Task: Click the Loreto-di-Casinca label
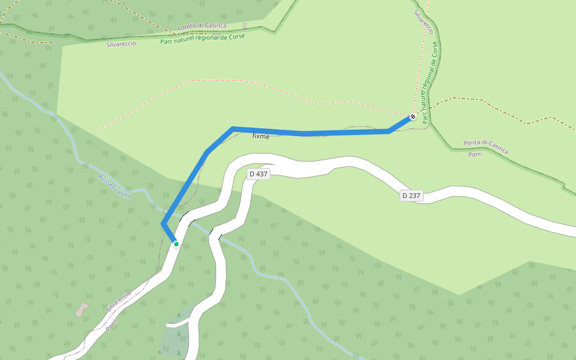pyautogui.click(x=202, y=26)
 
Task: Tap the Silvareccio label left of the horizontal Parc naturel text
pyautogui.click(x=121, y=44)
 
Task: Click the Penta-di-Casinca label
pyautogui.click(x=485, y=146)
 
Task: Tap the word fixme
pyautogui.click(x=261, y=136)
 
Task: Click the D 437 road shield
pyautogui.click(x=258, y=174)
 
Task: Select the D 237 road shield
pyautogui.click(x=412, y=195)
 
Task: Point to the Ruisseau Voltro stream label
pyautogui.click(x=114, y=187)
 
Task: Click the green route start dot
pyautogui.click(x=176, y=244)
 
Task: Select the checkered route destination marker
pyautogui.click(x=413, y=116)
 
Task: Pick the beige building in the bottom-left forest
pyautogui.click(x=81, y=310)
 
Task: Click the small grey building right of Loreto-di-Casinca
pyautogui.click(x=245, y=26)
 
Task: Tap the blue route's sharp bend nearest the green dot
pyautogui.click(x=163, y=224)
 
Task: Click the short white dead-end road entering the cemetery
pyautogui.click(x=178, y=323)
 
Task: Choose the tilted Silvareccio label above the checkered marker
pyautogui.click(x=424, y=22)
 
